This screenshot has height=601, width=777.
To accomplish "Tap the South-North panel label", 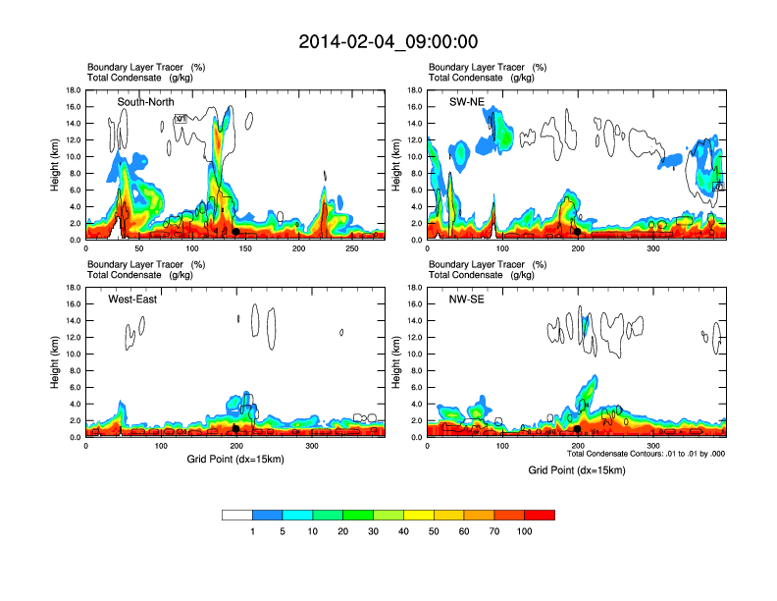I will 146,102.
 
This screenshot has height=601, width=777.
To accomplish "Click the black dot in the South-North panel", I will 235,231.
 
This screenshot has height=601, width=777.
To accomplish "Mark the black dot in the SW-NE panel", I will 578,231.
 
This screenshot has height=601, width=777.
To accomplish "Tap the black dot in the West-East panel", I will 235,428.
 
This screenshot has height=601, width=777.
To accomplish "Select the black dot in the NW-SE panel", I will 578,428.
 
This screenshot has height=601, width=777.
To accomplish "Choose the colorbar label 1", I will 252,531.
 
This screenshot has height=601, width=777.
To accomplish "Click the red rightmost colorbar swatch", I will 540,515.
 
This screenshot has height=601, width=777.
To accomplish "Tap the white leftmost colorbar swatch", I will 237,515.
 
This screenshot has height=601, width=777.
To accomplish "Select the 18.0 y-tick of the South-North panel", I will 73,90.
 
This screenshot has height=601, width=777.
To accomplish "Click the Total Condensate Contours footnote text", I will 646,454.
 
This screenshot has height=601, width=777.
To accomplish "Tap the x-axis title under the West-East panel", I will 235,461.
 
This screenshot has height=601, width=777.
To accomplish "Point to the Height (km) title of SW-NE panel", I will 397,165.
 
